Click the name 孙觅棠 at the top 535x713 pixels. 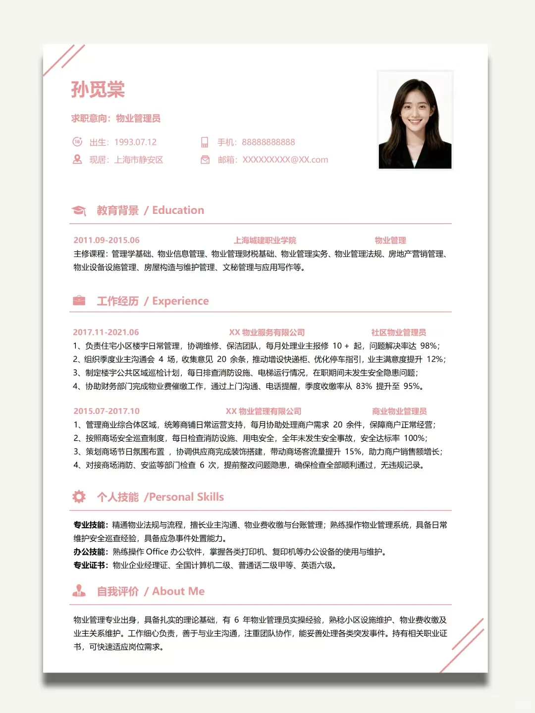click(98, 90)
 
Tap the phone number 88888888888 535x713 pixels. click(268, 142)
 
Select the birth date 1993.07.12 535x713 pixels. click(135, 142)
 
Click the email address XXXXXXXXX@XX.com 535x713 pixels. click(285, 160)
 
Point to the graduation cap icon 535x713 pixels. click(79, 210)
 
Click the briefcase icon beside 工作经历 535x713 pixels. click(79, 301)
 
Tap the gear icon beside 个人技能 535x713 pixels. click(79, 497)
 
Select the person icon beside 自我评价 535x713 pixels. click(79, 591)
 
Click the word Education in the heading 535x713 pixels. click(178, 210)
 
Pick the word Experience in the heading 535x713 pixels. click(180, 301)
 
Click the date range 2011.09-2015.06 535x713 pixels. click(107, 240)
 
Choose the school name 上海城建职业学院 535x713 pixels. click(265, 240)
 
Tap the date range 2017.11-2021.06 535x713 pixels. click(106, 332)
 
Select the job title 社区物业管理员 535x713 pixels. click(398, 332)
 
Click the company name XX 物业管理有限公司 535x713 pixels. click(263, 411)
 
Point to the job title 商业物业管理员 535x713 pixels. click(399, 411)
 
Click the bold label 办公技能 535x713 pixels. click(90, 552)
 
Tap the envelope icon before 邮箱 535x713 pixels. click(205, 160)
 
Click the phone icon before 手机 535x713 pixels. click(205, 142)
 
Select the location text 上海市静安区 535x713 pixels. click(139, 160)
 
